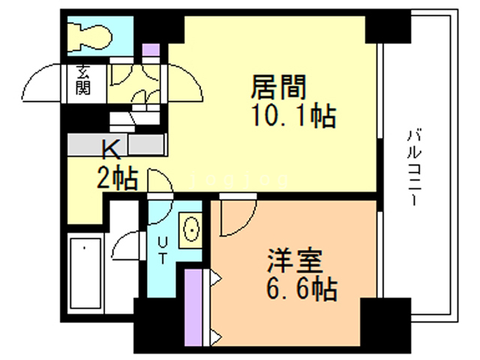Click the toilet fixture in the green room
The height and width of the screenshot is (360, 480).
89,34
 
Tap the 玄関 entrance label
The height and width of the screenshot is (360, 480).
82,82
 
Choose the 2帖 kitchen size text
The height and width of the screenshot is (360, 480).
115,178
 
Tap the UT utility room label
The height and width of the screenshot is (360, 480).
162,247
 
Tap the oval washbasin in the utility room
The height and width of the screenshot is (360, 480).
191,228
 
